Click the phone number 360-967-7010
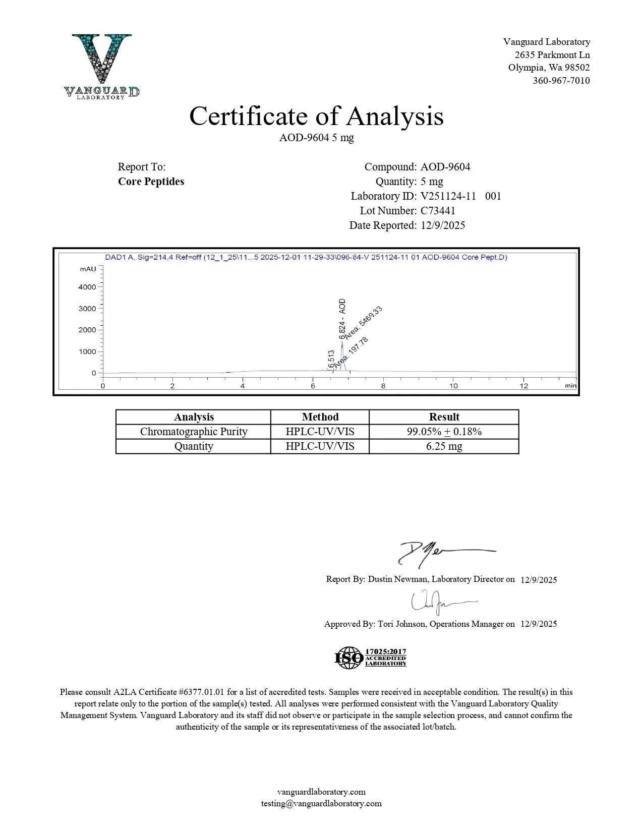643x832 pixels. tap(561, 81)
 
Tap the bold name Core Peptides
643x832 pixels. tap(151, 182)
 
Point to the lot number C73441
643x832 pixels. tap(438, 211)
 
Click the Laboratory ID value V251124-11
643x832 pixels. tap(448, 196)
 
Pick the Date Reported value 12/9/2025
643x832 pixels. tap(443, 225)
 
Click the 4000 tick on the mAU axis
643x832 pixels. tap(87, 287)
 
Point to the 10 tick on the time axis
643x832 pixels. tap(453, 386)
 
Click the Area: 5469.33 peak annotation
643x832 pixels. tap(363, 323)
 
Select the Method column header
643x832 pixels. tap(320, 417)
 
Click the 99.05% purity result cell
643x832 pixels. tap(444, 432)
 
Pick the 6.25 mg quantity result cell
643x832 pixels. tap(444, 446)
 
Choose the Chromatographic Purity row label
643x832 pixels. tap(194, 432)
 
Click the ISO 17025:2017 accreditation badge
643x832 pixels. tap(370, 658)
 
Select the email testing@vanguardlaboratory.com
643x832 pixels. tap(321, 804)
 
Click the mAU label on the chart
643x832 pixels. tap(87, 269)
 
